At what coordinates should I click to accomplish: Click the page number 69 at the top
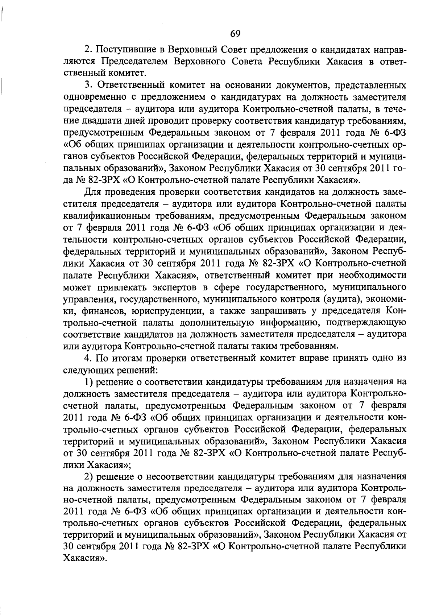[x=235, y=33]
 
